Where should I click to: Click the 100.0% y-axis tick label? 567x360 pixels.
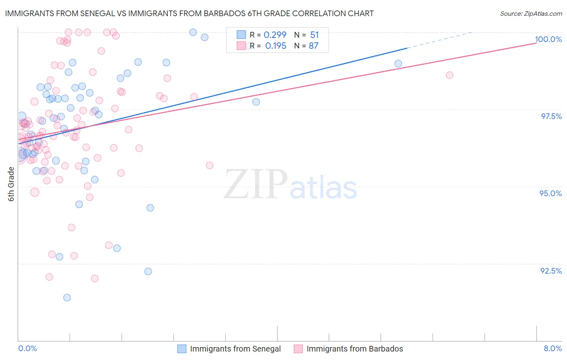[x=548, y=39]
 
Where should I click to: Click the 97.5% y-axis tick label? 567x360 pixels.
[x=551, y=116]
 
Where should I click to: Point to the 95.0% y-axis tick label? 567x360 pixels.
[x=550, y=193]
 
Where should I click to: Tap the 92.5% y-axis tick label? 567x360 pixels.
[x=551, y=271]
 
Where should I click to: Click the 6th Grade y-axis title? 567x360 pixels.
[x=11, y=184]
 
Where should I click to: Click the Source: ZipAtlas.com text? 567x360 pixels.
[x=531, y=13]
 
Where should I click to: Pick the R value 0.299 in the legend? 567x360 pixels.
[x=275, y=35]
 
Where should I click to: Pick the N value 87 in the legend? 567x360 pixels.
[x=313, y=46]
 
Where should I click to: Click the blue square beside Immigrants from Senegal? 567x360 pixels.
[x=182, y=349]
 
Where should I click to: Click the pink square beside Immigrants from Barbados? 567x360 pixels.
[x=298, y=349]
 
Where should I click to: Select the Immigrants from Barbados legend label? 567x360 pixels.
[x=354, y=349]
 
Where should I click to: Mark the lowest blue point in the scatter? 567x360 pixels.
[x=67, y=297]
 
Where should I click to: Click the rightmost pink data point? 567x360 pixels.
[x=450, y=75]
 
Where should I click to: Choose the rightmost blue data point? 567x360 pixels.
[x=398, y=63]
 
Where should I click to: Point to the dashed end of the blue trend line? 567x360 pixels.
[x=440, y=40]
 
